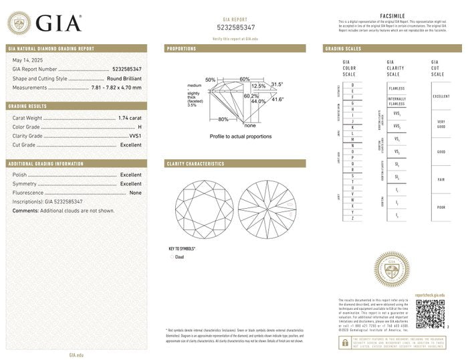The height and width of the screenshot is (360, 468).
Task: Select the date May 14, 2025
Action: [27, 60]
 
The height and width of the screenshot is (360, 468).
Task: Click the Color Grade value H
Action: [139, 126]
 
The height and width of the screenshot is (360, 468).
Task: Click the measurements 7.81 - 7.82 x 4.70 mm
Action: [115, 87]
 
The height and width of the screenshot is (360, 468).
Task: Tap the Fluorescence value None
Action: [135, 193]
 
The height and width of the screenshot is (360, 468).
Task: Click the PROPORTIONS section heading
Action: [181, 49]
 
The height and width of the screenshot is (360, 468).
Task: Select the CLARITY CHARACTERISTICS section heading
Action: [195, 163]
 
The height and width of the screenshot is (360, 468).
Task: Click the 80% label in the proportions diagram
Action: [223, 119]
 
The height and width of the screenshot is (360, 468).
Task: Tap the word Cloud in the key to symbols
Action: [179, 257]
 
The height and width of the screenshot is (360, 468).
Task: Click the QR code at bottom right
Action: [430, 313]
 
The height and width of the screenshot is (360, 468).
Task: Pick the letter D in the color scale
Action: [352, 85]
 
